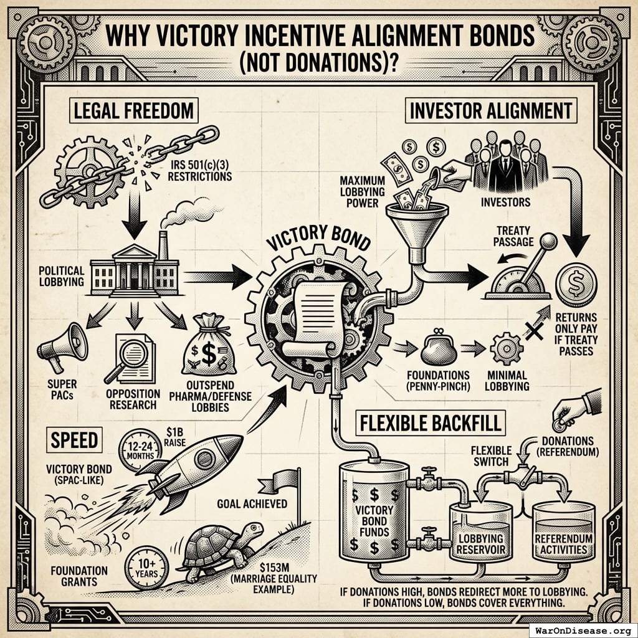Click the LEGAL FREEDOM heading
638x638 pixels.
tap(135, 112)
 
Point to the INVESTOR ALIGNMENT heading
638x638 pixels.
tap(490, 111)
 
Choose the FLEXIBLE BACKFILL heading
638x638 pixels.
tap(430, 424)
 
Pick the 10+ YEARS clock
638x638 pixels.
tap(146, 563)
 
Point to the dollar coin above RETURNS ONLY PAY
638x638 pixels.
tap(576, 283)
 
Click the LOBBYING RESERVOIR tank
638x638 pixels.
tap(481, 533)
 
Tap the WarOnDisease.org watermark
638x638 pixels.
tap(582, 629)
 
